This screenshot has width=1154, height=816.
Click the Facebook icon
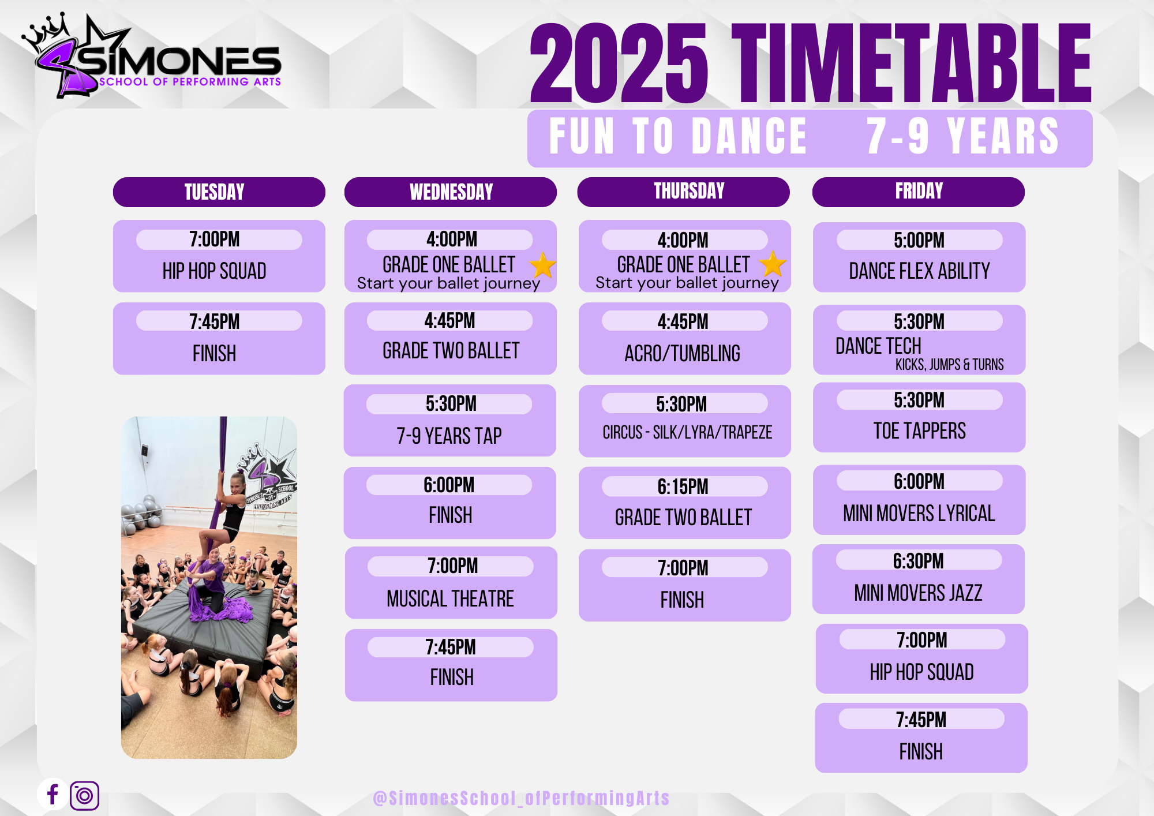pyautogui.click(x=53, y=794)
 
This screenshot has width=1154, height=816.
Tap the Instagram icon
pyautogui.click(x=84, y=796)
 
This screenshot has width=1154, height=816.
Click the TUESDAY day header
pyautogui.click(x=214, y=192)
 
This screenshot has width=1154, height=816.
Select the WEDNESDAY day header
pyautogui.click(x=451, y=192)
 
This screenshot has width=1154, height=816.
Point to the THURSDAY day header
pyautogui.click(x=689, y=191)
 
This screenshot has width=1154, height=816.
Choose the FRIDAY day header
pyautogui.click(x=919, y=191)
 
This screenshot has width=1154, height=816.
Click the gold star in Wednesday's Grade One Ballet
pyautogui.click(x=542, y=265)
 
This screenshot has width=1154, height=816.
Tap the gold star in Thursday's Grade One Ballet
pyautogui.click(x=773, y=264)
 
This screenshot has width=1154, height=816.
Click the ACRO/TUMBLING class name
pyautogui.click(x=682, y=353)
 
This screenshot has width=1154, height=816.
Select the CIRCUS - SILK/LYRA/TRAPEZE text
pyautogui.click(x=687, y=432)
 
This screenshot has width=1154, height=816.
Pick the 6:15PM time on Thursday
pyautogui.click(x=683, y=486)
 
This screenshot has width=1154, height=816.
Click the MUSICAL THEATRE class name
pyautogui.click(x=450, y=598)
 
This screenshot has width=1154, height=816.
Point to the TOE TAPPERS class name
pyautogui.click(x=919, y=431)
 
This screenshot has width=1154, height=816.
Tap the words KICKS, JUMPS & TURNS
pyautogui.click(x=949, y=365)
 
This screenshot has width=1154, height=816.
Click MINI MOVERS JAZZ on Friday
pyautogui.click(x=918, y=593)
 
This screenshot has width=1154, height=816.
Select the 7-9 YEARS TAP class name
pyautogui.click(x=449, y=436)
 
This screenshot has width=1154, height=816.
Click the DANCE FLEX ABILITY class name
pyautogui.click(x=919, y=271)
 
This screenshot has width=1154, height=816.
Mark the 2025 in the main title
pyautogui.click(x=619, y=63)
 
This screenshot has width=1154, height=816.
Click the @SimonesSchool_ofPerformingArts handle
pyautogui.click(x=521, y=798)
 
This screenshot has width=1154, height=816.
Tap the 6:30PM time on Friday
pyautogui.click(x=918, y=560)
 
